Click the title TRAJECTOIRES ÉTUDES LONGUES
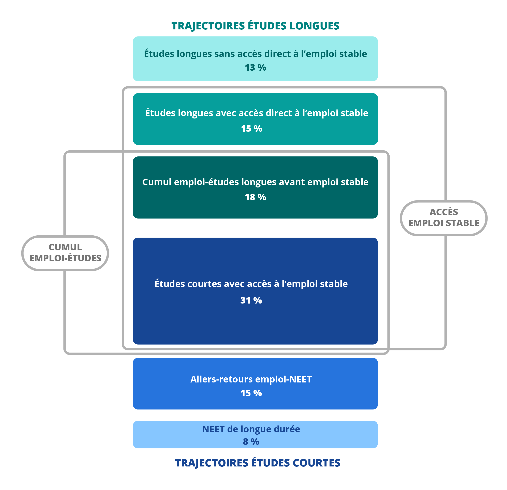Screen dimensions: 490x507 click(255, 26)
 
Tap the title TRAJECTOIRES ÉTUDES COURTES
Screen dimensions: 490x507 click(257, 463)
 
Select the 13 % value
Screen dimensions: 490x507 click(255, 68)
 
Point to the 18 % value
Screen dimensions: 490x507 click(255, 197)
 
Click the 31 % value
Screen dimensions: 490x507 click(251, 300)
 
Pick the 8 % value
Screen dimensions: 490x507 click(251, 441)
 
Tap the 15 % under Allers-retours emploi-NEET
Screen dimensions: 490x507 click(251, 393)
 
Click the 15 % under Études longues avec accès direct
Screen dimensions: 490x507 click(251, 128)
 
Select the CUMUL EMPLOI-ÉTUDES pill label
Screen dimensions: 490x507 click(65, 253)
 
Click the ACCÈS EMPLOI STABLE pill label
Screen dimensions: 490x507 click(444, 218)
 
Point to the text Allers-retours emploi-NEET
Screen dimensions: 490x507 click(251, 379)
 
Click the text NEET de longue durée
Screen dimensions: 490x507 click(251, 429)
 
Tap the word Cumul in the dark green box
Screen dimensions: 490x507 click(157, 182)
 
